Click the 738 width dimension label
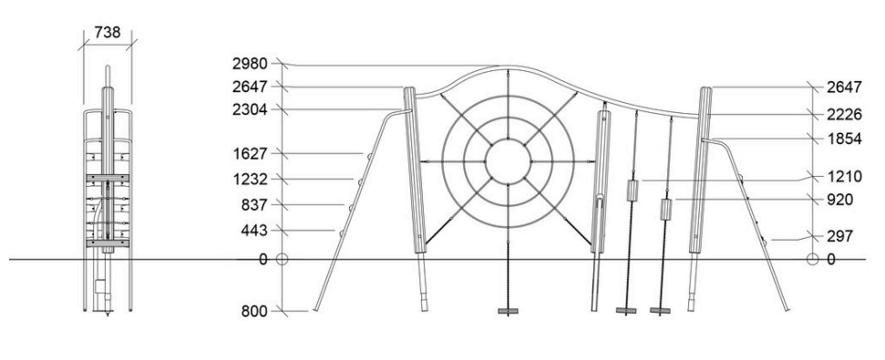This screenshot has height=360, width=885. [x=108, y=33]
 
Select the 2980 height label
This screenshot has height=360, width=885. [x=250, y=64]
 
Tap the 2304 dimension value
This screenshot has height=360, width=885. [x=250, y=109]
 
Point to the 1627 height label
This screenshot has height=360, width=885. [x=250, y=153]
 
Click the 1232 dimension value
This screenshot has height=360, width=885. [x=250, y=180]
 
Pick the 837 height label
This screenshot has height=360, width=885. [x=254, y=205]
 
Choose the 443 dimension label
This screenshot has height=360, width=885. [x=254, y=231]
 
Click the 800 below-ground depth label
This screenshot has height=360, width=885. [x=254, y=312]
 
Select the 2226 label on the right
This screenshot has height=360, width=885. [x=844, y=115]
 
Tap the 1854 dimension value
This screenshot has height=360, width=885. [x=844, y=139]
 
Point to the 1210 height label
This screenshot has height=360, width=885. [x=844, y=177]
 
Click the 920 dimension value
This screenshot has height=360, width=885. [x=839, y=201]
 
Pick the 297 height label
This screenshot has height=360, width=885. [x=839, y=236]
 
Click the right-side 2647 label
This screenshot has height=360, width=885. [x=844, y=87]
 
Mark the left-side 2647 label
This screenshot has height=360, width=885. [x=250, y=87]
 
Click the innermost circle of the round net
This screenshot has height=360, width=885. [x=508, y=139]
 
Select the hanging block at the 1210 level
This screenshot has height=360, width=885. [x=633, y=190]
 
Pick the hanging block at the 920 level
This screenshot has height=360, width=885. [x=666, y=210]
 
